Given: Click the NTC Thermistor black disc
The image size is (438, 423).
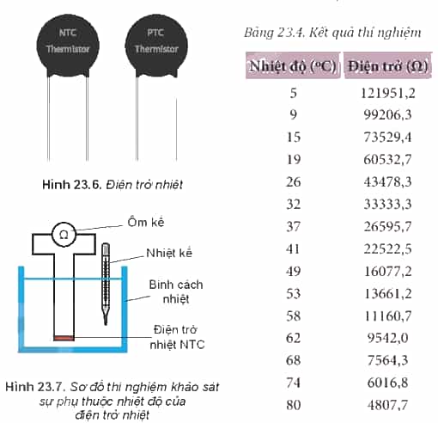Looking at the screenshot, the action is click(68, 46).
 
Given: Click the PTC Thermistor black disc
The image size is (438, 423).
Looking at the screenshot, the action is click(156, 46).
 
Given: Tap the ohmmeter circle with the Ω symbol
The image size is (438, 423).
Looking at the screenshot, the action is click(64, 235).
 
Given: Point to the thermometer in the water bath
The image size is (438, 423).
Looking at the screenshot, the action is click(106, 284).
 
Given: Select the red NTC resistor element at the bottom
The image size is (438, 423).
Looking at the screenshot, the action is click(64, 338).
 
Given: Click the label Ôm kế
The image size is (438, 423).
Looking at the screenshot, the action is click(146, 223).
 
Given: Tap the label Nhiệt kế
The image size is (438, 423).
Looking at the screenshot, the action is click(169, 253).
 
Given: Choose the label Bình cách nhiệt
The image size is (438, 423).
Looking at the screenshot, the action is click(176, 291).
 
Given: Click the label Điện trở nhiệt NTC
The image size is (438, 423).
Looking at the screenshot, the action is click(177, 337).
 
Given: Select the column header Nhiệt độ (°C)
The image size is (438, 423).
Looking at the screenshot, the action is click(293, 66).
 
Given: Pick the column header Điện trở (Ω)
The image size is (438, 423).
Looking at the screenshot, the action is click(388, 66).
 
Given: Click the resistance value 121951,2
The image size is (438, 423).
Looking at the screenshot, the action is click(388, 93).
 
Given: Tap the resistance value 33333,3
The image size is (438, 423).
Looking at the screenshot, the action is click(388, 205).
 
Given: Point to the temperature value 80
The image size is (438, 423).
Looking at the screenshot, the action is click(294, 405).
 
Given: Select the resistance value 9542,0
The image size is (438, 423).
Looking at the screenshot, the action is click(388, 338).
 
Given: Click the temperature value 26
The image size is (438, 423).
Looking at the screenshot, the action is click(294, 182).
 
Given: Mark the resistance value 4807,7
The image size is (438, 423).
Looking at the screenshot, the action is click(388, 405).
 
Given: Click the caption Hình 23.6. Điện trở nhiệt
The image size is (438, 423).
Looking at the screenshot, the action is click(113, 185).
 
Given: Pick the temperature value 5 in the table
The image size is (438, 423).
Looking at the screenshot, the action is click(294, 93).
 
